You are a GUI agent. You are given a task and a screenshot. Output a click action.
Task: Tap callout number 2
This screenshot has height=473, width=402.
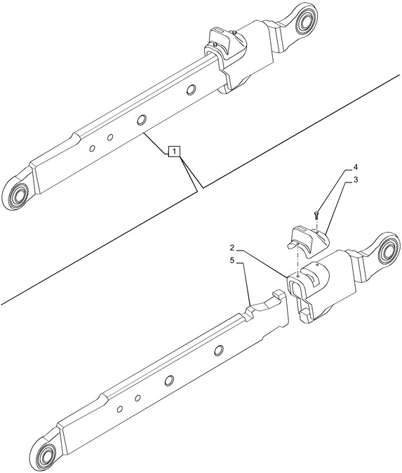click(x=232, y=248)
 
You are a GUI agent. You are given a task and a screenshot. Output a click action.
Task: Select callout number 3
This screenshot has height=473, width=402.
click(x=356, y=180)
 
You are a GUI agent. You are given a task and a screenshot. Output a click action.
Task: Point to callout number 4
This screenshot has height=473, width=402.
click(x=356, y=167)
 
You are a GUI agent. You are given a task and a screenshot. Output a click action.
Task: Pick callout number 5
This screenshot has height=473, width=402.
click(x=232, y=261)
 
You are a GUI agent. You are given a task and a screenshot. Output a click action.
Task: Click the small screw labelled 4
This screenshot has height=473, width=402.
click(x=316, y=215)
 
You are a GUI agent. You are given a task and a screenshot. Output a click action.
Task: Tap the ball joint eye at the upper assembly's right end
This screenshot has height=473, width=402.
click(x=305, y=19)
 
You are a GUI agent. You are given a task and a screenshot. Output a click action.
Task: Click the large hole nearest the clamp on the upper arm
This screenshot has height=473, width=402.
click(x=191, y=88)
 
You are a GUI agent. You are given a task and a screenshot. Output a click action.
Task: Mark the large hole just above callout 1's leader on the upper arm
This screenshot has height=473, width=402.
click(x=141, y=120)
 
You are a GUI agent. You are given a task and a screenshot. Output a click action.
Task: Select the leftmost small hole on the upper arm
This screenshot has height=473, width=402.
click(x=93, y=148)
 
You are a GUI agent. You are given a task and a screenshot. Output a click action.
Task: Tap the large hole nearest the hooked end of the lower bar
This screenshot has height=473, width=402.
click(x=219, y=349)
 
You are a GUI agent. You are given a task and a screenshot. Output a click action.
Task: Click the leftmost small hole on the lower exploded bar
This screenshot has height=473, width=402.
click(x=120, y=409)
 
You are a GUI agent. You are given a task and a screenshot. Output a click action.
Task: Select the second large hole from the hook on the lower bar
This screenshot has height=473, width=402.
click(x=169, y=380)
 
